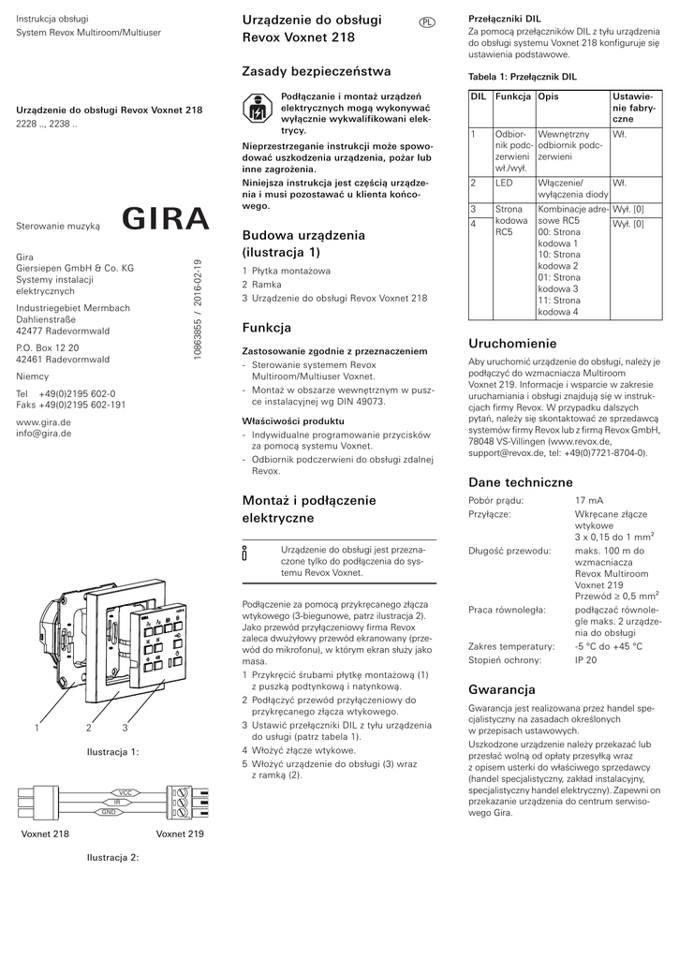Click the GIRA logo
(166, 220)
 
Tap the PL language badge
(426, 22)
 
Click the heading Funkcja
(267, 328)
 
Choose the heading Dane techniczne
(520, 482)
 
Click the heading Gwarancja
(501, 689)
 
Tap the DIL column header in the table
(478, 97)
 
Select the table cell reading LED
(504, 183)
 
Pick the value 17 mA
(589, 501)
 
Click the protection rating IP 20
(586, 660)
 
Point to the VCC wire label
(123, 792)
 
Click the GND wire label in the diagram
(109, 811)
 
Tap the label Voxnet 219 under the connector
(180, 834)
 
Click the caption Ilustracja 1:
(112, 751)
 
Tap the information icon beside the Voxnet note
(245, 553)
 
